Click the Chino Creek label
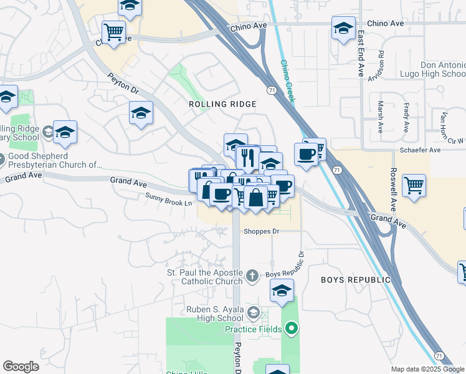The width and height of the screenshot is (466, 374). (x=288, y=82)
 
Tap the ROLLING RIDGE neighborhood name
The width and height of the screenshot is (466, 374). (x=222, y=104)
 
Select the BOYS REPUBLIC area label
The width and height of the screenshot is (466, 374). (x=356, y=280)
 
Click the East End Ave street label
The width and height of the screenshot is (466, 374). (x=361, y=55)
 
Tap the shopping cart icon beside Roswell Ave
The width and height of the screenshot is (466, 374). (x=414, y=185)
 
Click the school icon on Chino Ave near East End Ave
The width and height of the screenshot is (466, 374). (x=343, y=28)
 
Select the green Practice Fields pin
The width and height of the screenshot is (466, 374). (x=291, y=328)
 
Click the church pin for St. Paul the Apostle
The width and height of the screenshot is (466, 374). (x=252, y=275)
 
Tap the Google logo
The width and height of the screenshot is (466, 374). (x=21, y=367)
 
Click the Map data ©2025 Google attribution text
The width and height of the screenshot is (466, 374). (x=427, y=369)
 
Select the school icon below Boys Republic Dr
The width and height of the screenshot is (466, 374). (x=282, y=290)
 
